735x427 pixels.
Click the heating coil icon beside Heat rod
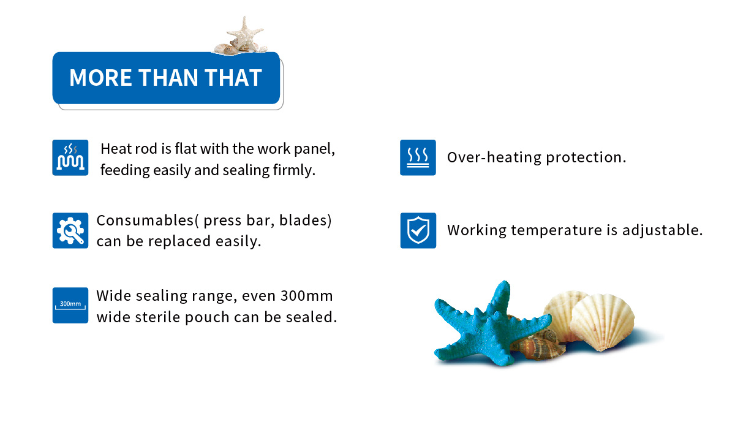pos(70,157)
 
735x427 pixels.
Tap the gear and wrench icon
pos(70,230)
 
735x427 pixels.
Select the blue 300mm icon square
pos(70,305)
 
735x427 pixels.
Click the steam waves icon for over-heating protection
pos(418,157)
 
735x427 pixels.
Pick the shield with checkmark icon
pos(418,230)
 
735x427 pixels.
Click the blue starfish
pos(489,325)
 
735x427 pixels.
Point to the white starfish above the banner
pos(244,33)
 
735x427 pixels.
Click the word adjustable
pos(663,231)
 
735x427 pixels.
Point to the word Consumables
pos(145,220)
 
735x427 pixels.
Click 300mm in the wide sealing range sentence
pos(307,296)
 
